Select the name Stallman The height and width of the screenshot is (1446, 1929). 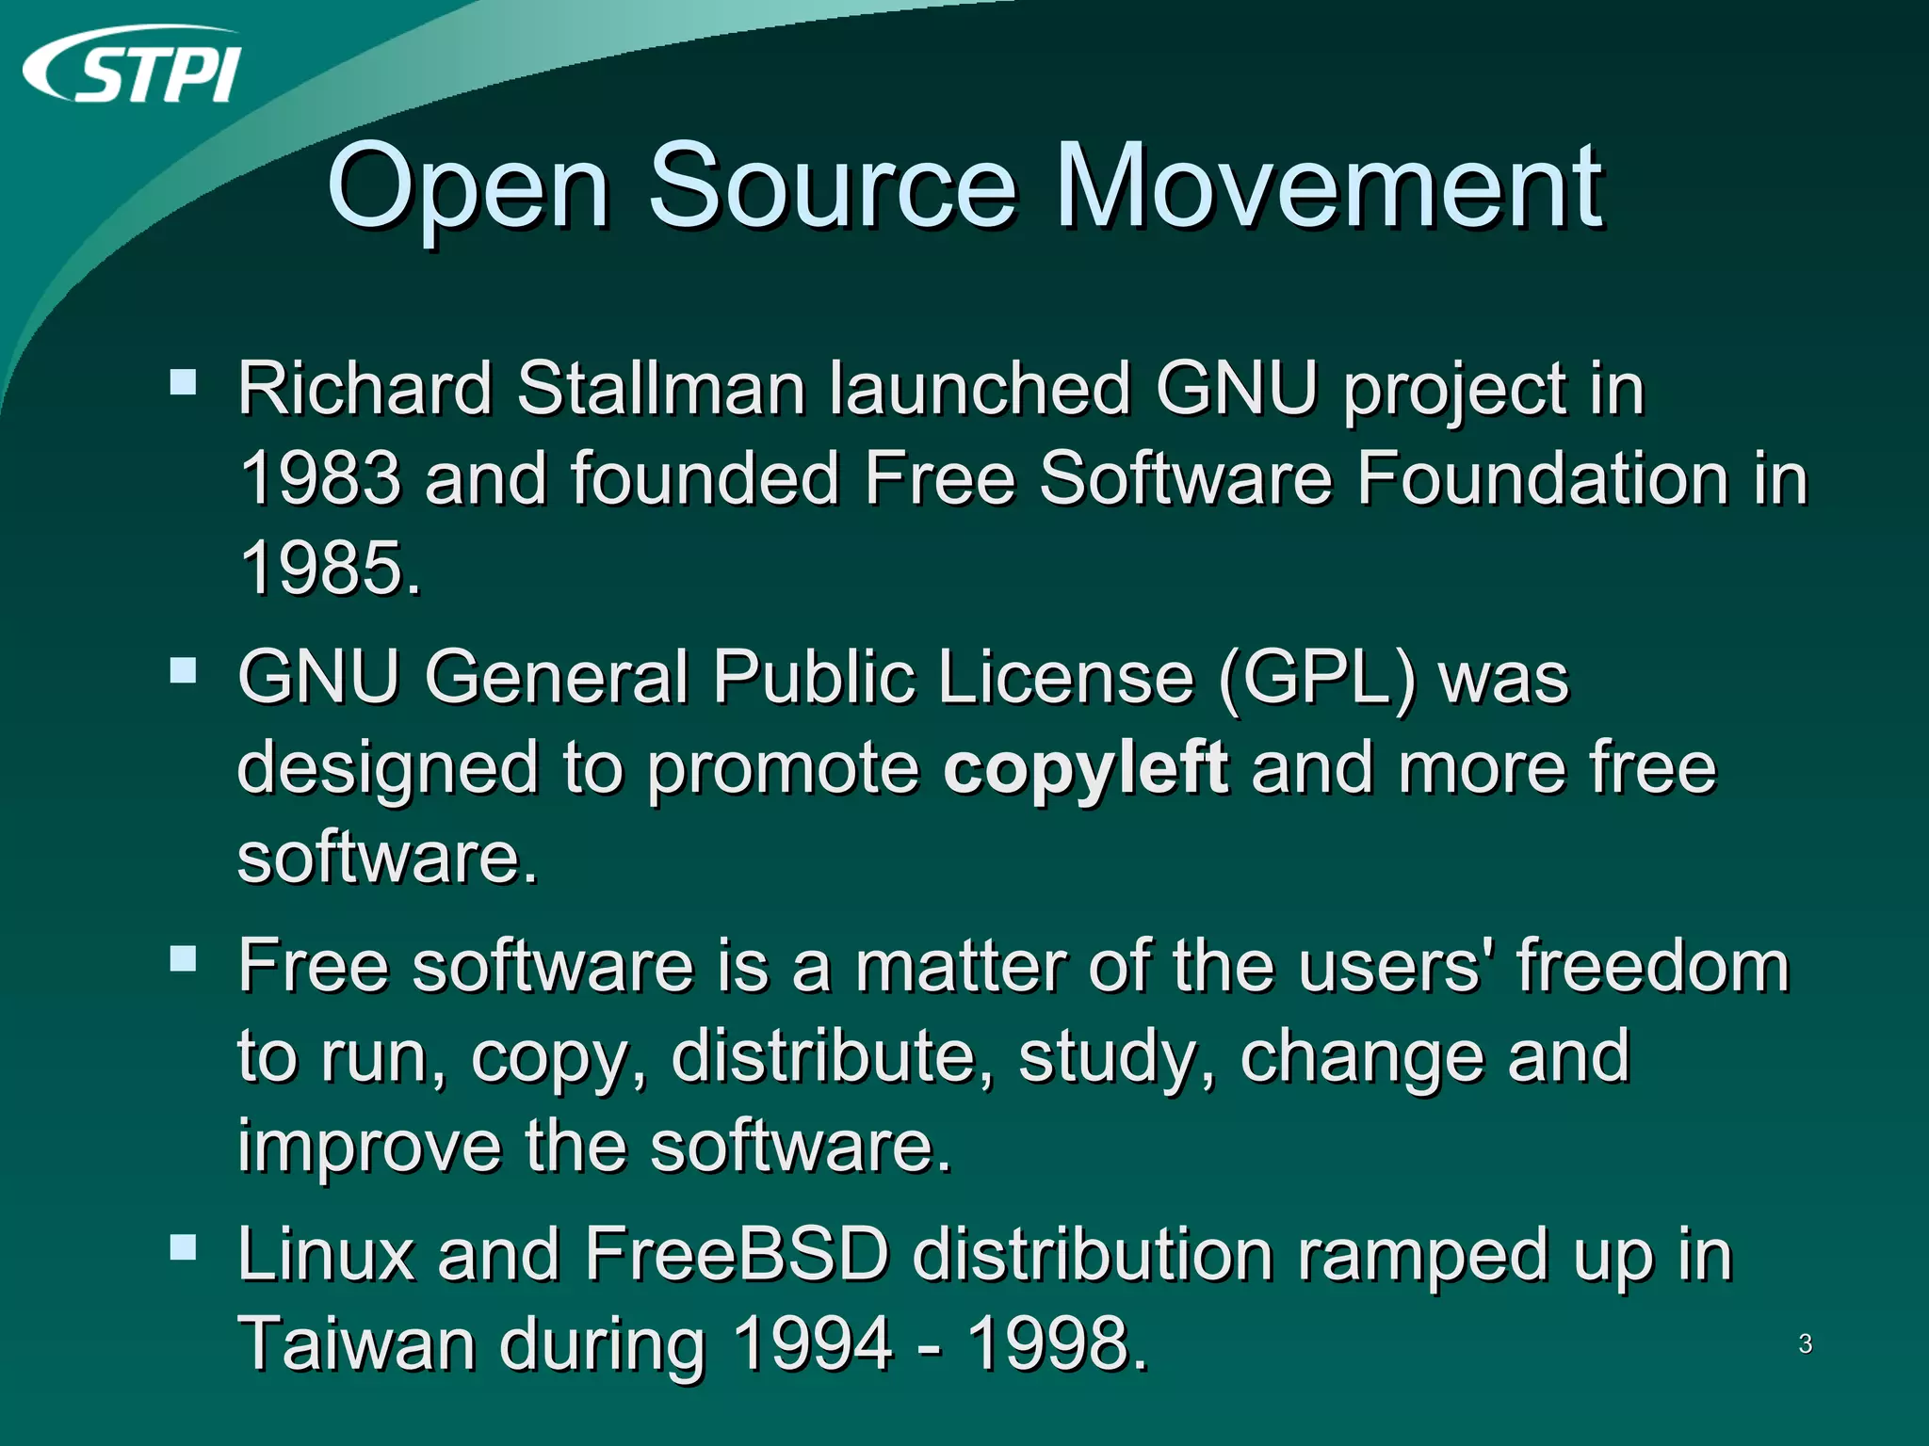tap(660, 388)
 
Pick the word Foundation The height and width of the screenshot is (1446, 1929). tap(1539, 477)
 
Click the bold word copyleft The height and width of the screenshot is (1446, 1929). tap(1085, 767)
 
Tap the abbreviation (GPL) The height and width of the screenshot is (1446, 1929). tap(1316, 678)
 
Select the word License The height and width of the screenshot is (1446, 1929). tap(1066, 678)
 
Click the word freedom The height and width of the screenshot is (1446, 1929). tap(1652, 966)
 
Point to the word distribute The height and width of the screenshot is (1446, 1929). tap(833, 1056)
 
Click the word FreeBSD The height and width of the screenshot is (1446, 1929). tap(737, 1254)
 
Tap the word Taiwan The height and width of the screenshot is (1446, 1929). tap(356, 1344)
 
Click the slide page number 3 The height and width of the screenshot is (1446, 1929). tap(1805, 1344)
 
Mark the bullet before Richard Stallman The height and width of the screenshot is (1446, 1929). tap(183, 382)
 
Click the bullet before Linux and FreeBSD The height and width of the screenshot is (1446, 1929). tap(183, 1247)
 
